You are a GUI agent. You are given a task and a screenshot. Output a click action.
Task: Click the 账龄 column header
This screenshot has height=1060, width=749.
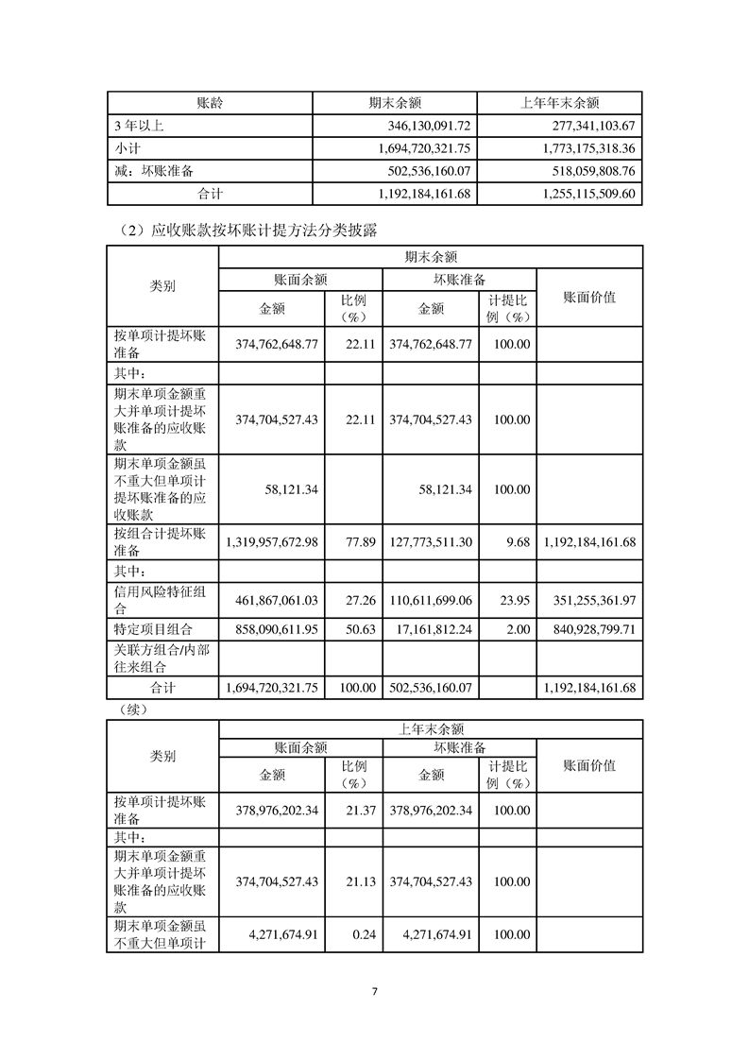[x=209, y=102]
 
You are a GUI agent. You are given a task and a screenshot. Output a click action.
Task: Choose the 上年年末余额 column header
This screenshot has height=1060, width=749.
[x=560, y=102]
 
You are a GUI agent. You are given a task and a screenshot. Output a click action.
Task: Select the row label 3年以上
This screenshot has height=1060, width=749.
[x=139, y=125]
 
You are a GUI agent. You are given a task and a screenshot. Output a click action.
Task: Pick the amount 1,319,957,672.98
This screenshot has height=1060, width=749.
[x=273, y=541]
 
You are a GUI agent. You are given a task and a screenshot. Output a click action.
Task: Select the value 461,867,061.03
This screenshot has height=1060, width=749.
[x=273, y=600]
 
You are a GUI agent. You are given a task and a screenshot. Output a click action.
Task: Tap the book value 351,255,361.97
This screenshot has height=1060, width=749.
[x=590, y=600]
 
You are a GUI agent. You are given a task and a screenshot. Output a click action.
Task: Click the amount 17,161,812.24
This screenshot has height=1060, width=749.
[x=430, y=627]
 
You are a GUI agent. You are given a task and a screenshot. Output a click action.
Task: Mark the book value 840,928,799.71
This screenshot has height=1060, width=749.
[x=590, y=627]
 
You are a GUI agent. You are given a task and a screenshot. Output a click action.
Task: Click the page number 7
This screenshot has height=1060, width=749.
[x=374, y=991]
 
